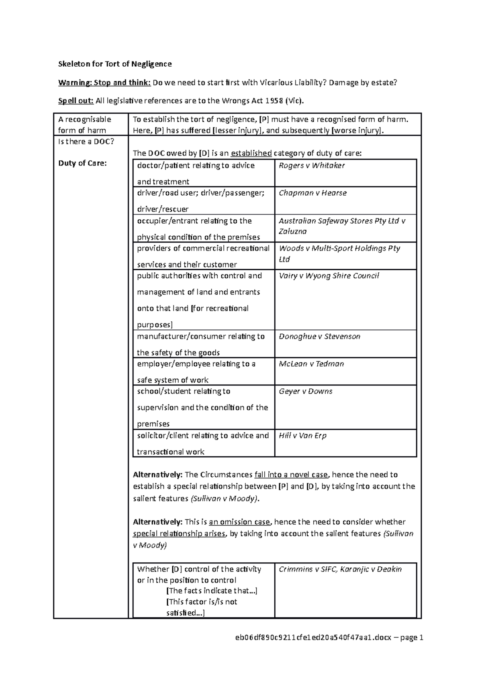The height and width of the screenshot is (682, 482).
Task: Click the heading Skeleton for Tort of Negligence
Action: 115,64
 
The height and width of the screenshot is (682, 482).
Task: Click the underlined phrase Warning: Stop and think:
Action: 104,83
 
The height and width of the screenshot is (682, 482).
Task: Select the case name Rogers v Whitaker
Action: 312,165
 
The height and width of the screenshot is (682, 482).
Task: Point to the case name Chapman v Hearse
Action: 312,193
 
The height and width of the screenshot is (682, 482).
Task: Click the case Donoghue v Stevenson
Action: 319,336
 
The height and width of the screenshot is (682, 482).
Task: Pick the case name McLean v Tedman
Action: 311,363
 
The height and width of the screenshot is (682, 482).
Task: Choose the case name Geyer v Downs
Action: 305,391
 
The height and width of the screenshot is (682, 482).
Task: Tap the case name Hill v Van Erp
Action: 302,435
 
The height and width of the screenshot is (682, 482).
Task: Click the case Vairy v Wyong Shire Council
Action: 329,276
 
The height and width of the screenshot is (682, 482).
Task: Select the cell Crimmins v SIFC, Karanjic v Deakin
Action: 340,569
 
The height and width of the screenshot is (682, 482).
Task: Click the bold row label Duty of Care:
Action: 82,163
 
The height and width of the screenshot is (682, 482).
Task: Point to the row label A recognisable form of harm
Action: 84,125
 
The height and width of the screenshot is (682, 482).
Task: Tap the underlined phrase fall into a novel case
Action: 291,475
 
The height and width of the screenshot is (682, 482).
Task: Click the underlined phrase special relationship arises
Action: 179,534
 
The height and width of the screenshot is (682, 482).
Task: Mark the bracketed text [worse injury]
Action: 357,130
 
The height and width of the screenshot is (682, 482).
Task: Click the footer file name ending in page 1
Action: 329,637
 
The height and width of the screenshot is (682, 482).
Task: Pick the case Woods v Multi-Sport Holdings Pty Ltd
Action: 339,253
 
